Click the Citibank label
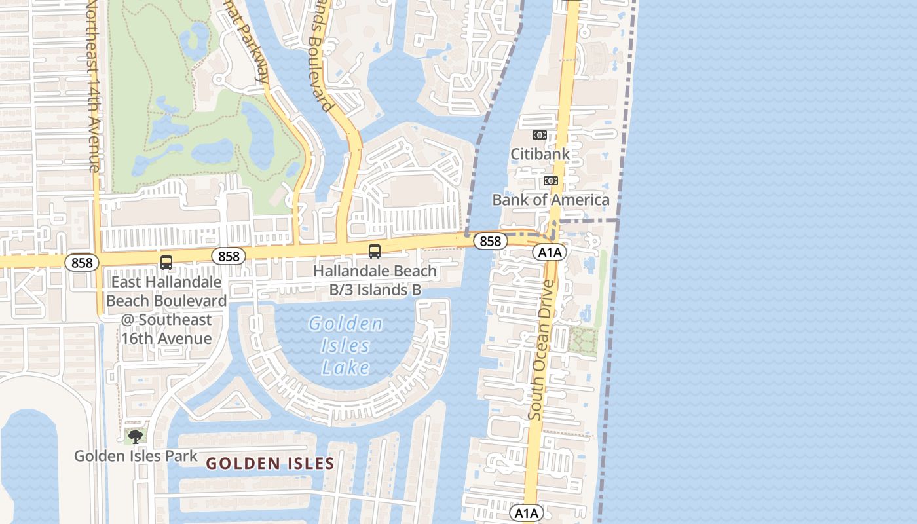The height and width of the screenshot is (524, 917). click(540, 155)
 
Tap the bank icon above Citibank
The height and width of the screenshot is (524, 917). click(540, 135)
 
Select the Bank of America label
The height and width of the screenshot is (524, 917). click(550, 200)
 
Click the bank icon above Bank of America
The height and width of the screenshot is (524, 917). click(550, 181)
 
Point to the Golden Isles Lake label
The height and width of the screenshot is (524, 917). click(346, 345)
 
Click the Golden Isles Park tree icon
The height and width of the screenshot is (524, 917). click(136, 436)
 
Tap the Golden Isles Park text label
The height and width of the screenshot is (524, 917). click(136, 456)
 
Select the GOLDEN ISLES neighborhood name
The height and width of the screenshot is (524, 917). click(270, 464)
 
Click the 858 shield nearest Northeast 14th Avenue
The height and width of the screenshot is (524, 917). click(82, 263)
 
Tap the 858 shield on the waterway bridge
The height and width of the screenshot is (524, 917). click(490, 241)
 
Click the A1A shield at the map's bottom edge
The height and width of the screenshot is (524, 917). click(526, 513)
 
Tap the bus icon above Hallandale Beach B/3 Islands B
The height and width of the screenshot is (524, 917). click(375, 251)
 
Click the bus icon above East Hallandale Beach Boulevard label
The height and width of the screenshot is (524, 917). click(166, 263)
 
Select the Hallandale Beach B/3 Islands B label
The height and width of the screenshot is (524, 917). click(375, 280)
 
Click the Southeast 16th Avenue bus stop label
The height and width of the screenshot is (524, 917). click(166, 310)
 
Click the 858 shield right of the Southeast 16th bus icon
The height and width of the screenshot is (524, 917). click(229, 256)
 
